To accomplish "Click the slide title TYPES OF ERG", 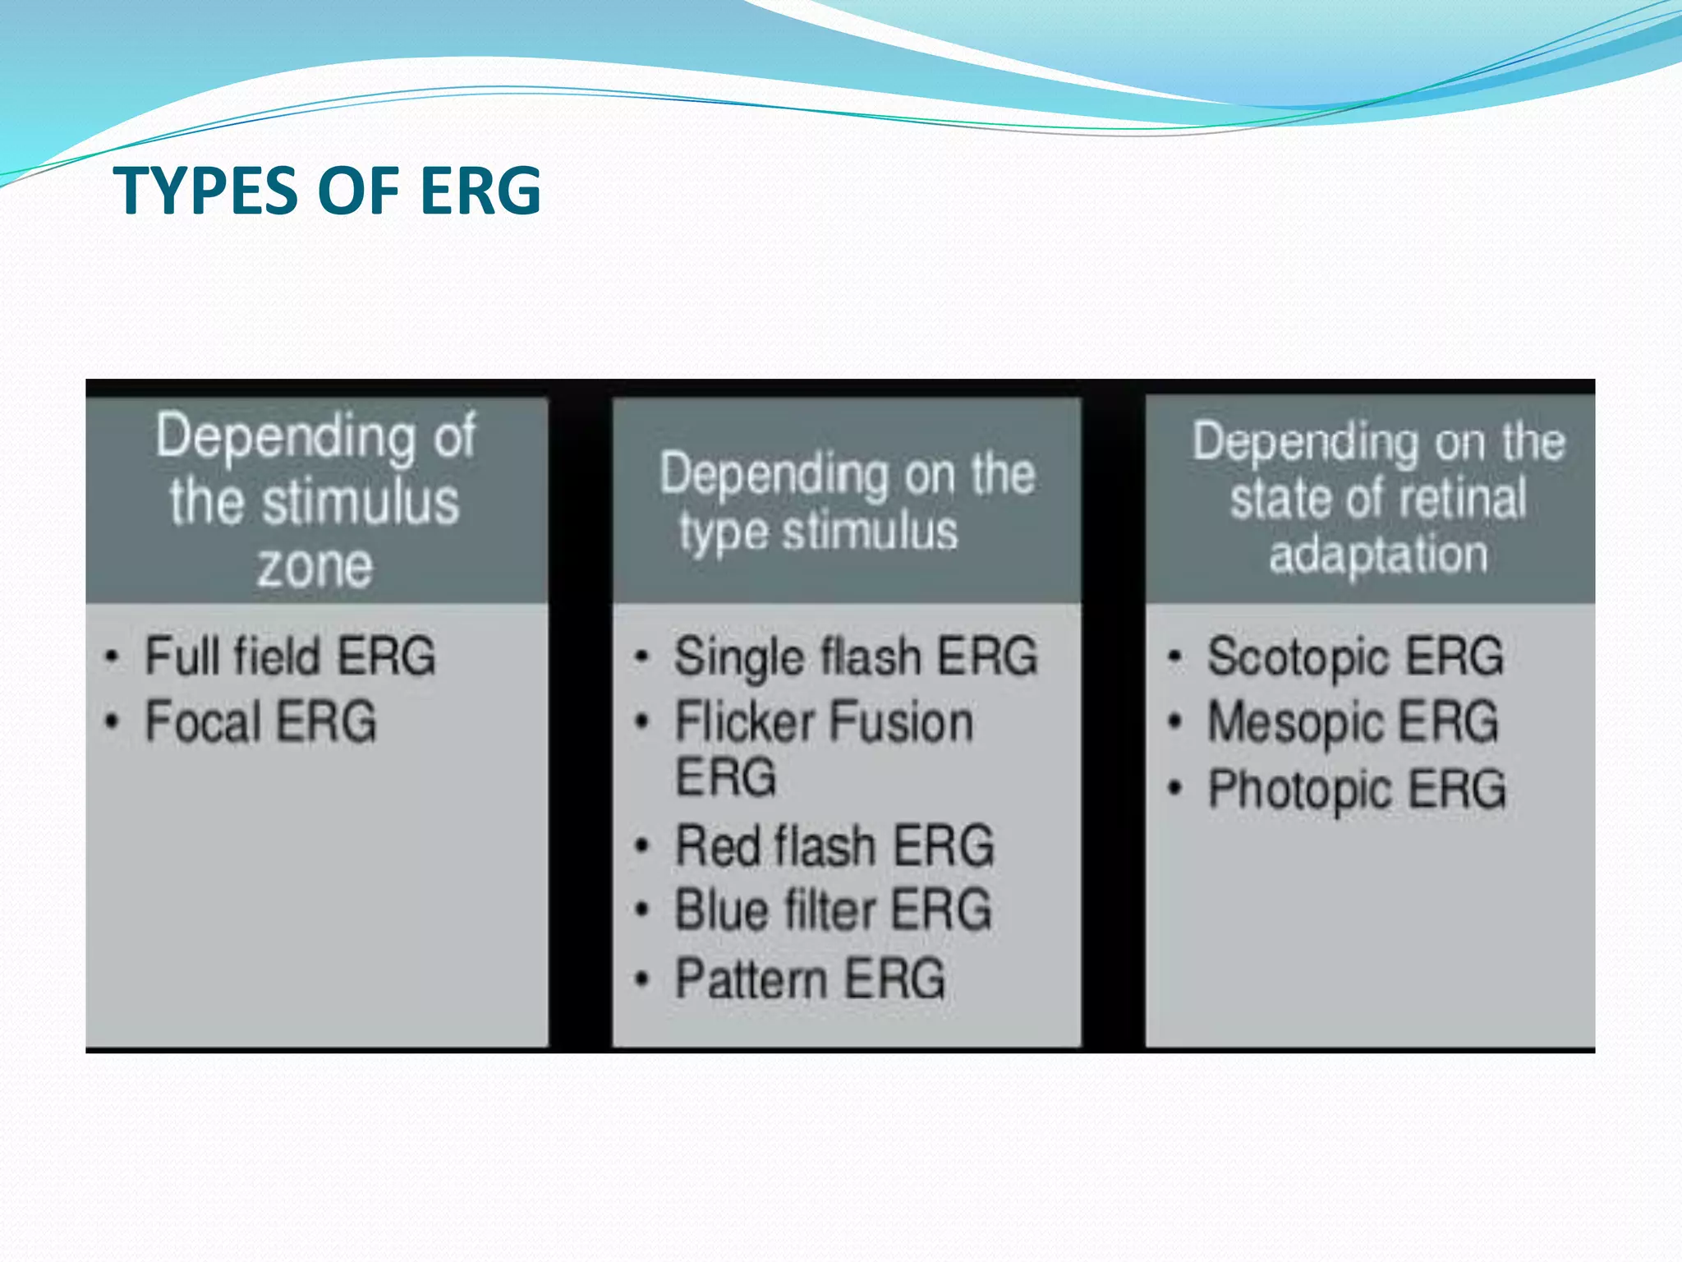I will click(327, 191).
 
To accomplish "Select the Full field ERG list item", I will click(289, 656).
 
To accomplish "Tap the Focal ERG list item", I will click(260, 722).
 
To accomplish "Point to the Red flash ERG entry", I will click(834, 846).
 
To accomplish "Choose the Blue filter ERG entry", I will click(833, 911).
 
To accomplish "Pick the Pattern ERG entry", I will click(810, 979).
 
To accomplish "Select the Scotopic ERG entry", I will click(1355, 657).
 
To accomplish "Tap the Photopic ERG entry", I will click(1357, 790).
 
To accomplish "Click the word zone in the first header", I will click(315, 567).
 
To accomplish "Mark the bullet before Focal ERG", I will click(113, 722).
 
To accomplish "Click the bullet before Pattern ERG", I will click(642, 979).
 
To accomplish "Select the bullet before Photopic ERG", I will click(1175, 790).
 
